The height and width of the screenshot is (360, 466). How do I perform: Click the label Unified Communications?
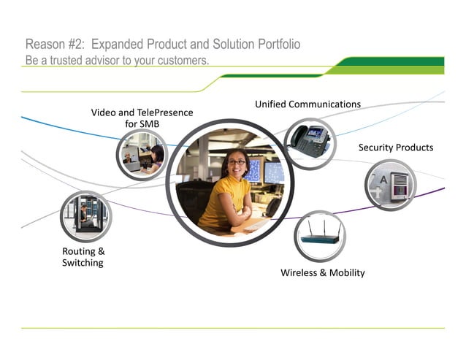pyautogui.click(x=308, y=104)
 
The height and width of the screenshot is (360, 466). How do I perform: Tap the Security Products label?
pyautogui.click(x=395, y=148)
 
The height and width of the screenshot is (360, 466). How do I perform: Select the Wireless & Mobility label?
pyautogui.click(x=322, y=273)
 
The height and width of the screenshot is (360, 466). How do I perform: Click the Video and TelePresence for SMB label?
pyautogui.click(x=142, y=118)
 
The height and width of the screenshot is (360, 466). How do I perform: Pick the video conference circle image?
pyautogui.click(x=142, y=156)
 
